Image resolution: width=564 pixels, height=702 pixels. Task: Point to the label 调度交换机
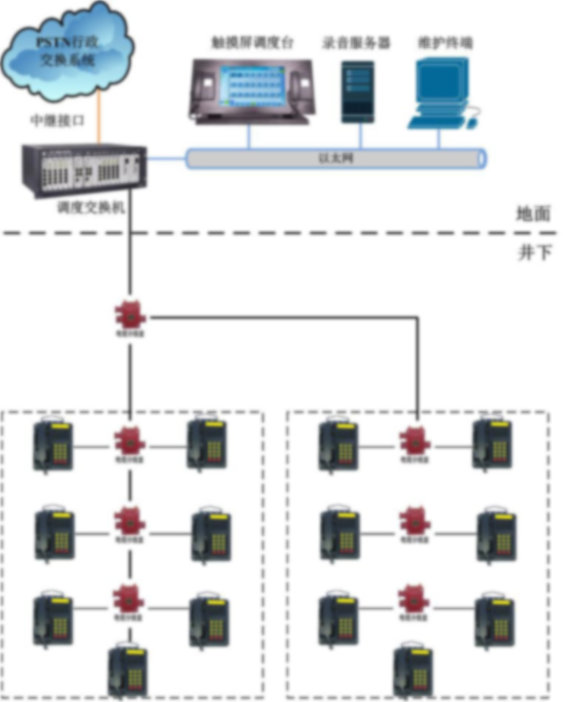click(89, 208)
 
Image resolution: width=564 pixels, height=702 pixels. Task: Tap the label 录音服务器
click(356, 43)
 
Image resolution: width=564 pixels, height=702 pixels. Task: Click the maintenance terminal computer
click(441, 93)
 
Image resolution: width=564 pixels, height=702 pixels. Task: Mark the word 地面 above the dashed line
click(533, 214)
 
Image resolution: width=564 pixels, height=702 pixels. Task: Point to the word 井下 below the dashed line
click(534, 253)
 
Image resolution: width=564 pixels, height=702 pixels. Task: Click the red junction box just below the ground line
click(131, 316)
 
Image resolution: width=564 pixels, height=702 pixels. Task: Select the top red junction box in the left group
click(130, 443)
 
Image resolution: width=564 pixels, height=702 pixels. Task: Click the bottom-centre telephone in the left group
click(128, 669)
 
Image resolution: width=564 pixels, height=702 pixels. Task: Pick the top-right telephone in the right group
click(493, 443)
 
